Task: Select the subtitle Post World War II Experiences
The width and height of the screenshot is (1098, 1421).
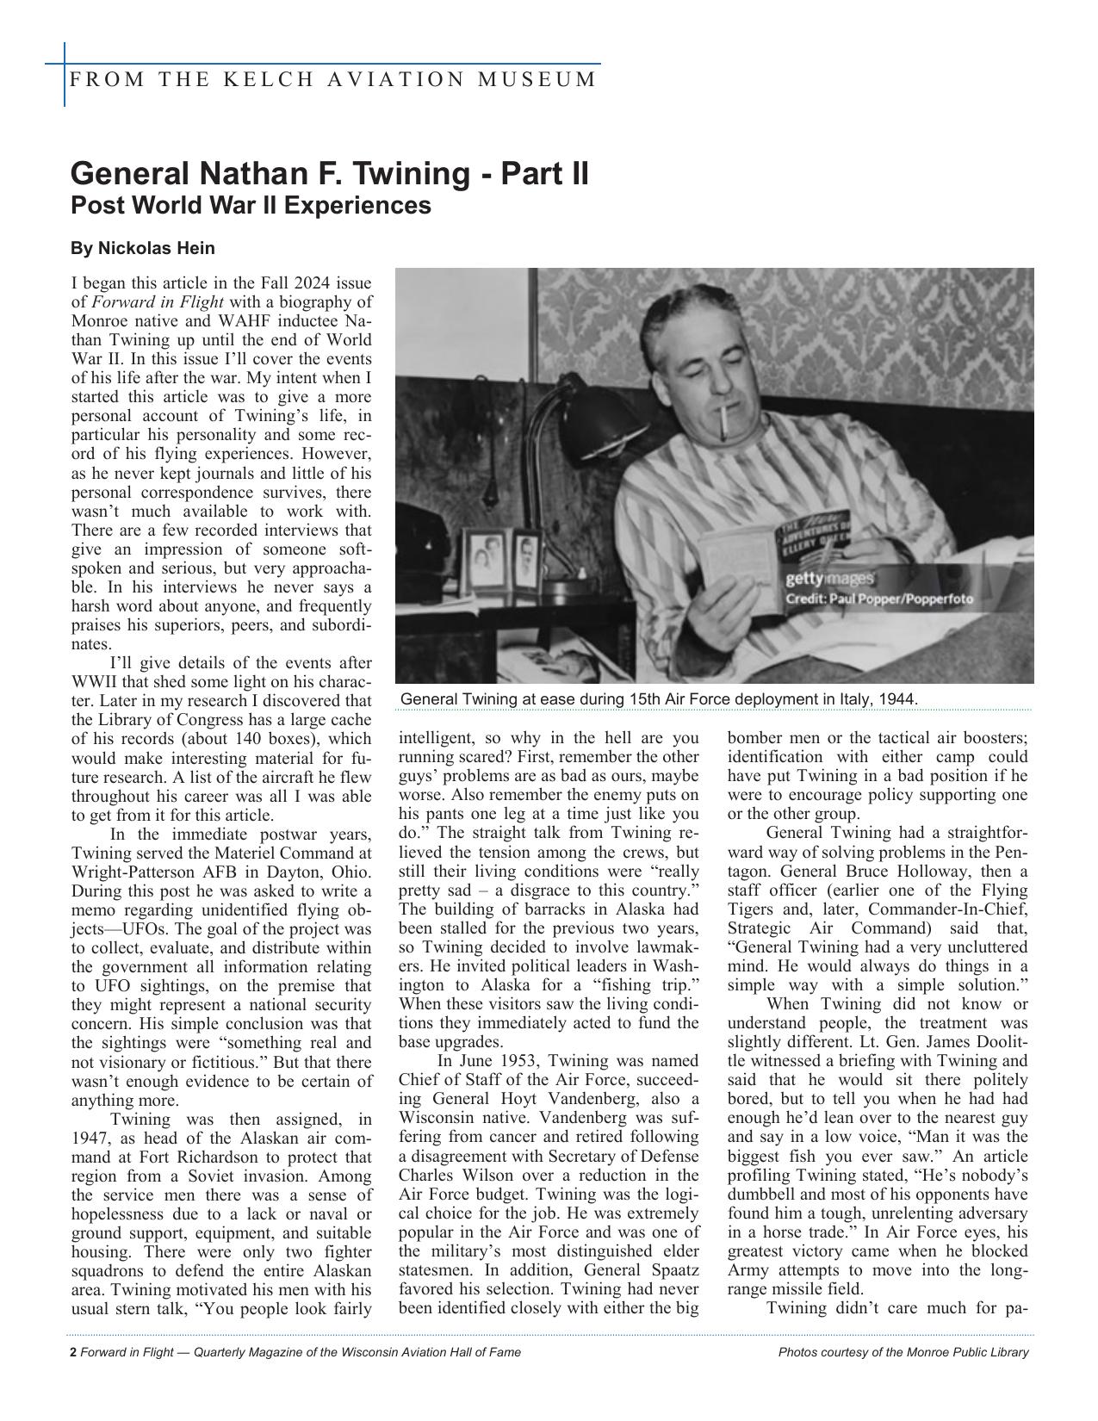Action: (250, 206)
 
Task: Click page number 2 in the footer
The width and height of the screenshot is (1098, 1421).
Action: (73, 1352)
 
